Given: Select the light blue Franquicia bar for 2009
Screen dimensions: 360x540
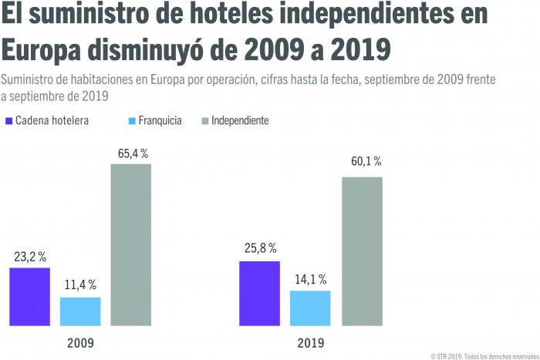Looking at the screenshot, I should [x=80, y=310].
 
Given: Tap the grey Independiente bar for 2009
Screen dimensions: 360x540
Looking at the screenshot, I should [x=130, y=244].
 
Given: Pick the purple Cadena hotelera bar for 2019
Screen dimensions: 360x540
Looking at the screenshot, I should [x=259, y=292].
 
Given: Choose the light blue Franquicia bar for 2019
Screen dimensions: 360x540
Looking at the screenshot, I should [x=310, y=307].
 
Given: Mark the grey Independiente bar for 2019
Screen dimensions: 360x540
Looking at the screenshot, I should [x=362, y=251].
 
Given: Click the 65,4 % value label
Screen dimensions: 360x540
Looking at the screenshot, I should [x=133, y=154].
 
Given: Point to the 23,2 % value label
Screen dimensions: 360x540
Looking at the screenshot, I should [x=29, y=257].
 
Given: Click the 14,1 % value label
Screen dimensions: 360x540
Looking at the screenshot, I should [x=311, y=280].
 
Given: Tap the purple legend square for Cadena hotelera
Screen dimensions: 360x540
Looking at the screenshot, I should [x=9, y=121].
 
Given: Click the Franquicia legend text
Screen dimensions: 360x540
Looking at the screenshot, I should [x=160, y=121].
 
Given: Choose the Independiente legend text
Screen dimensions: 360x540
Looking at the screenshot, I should [x=240, y=121].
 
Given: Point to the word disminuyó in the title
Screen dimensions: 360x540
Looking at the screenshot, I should [x=173, y=50].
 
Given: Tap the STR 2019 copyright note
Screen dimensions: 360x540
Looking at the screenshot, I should [x=483, y=354].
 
